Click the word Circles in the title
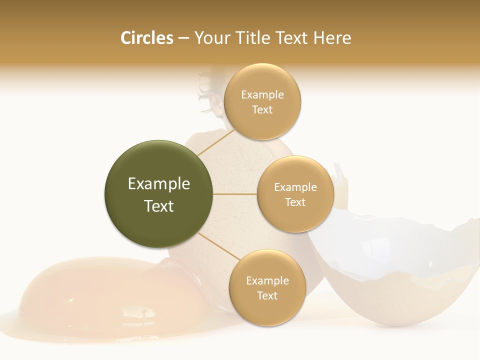146,38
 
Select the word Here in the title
332,38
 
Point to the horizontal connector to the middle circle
235,194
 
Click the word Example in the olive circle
159,184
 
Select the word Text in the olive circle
159,206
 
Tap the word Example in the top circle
262,95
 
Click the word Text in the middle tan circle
295,202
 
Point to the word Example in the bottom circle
267,281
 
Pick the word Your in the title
211,38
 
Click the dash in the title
183,38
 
